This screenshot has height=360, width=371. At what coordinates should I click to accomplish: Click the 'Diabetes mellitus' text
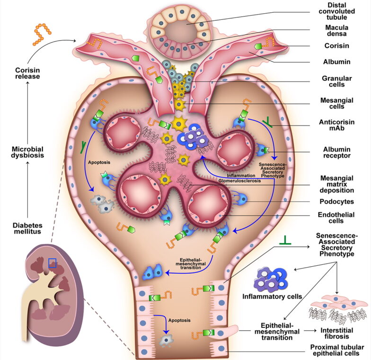27,228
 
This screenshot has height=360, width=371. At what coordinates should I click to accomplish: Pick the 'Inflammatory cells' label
272,297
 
